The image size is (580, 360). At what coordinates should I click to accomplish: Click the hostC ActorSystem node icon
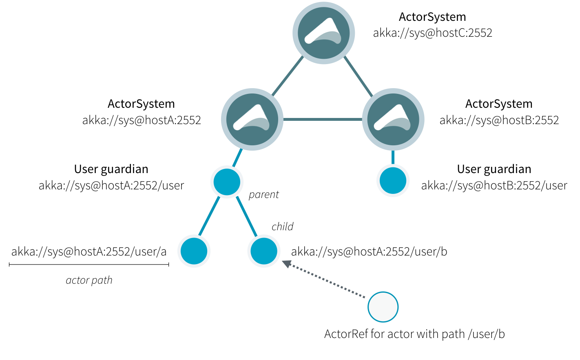[x=323, y=33]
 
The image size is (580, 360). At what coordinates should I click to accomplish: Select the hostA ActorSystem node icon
[x=252, y=120]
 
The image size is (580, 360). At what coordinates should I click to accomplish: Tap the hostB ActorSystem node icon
[x=393, y=120]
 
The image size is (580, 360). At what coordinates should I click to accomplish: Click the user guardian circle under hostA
[x=227, y=182]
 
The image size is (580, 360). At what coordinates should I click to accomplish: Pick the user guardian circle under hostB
[x=393, y=180]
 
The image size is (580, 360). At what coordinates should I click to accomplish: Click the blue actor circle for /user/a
[x=194, y=251]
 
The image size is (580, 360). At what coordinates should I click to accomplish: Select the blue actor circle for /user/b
[x=264, y=251]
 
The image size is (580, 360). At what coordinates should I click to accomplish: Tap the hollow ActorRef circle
[x=383, y=307]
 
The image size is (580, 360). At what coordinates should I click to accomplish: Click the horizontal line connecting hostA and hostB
[x=323, y=120]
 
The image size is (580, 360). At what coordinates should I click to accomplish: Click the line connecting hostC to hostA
[x=288, y=76]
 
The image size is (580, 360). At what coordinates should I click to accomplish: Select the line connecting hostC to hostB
[x=358, y=76]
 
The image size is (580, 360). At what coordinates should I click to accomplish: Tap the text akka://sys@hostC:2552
[x=432, y=33]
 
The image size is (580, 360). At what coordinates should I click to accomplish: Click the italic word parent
[x=263, y=195]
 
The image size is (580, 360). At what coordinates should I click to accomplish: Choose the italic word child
[x=282, y=227]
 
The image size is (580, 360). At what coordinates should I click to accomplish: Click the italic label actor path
[x=89, y=280]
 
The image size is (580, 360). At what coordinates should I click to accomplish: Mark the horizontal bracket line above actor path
[x=89, y=265]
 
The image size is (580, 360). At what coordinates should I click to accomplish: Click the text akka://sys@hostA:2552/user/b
[x=369, y=252]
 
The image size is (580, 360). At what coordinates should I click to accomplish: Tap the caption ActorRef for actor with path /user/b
[x=414, y=334]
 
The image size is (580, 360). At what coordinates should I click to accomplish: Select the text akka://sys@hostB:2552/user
[x=494, y=186]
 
